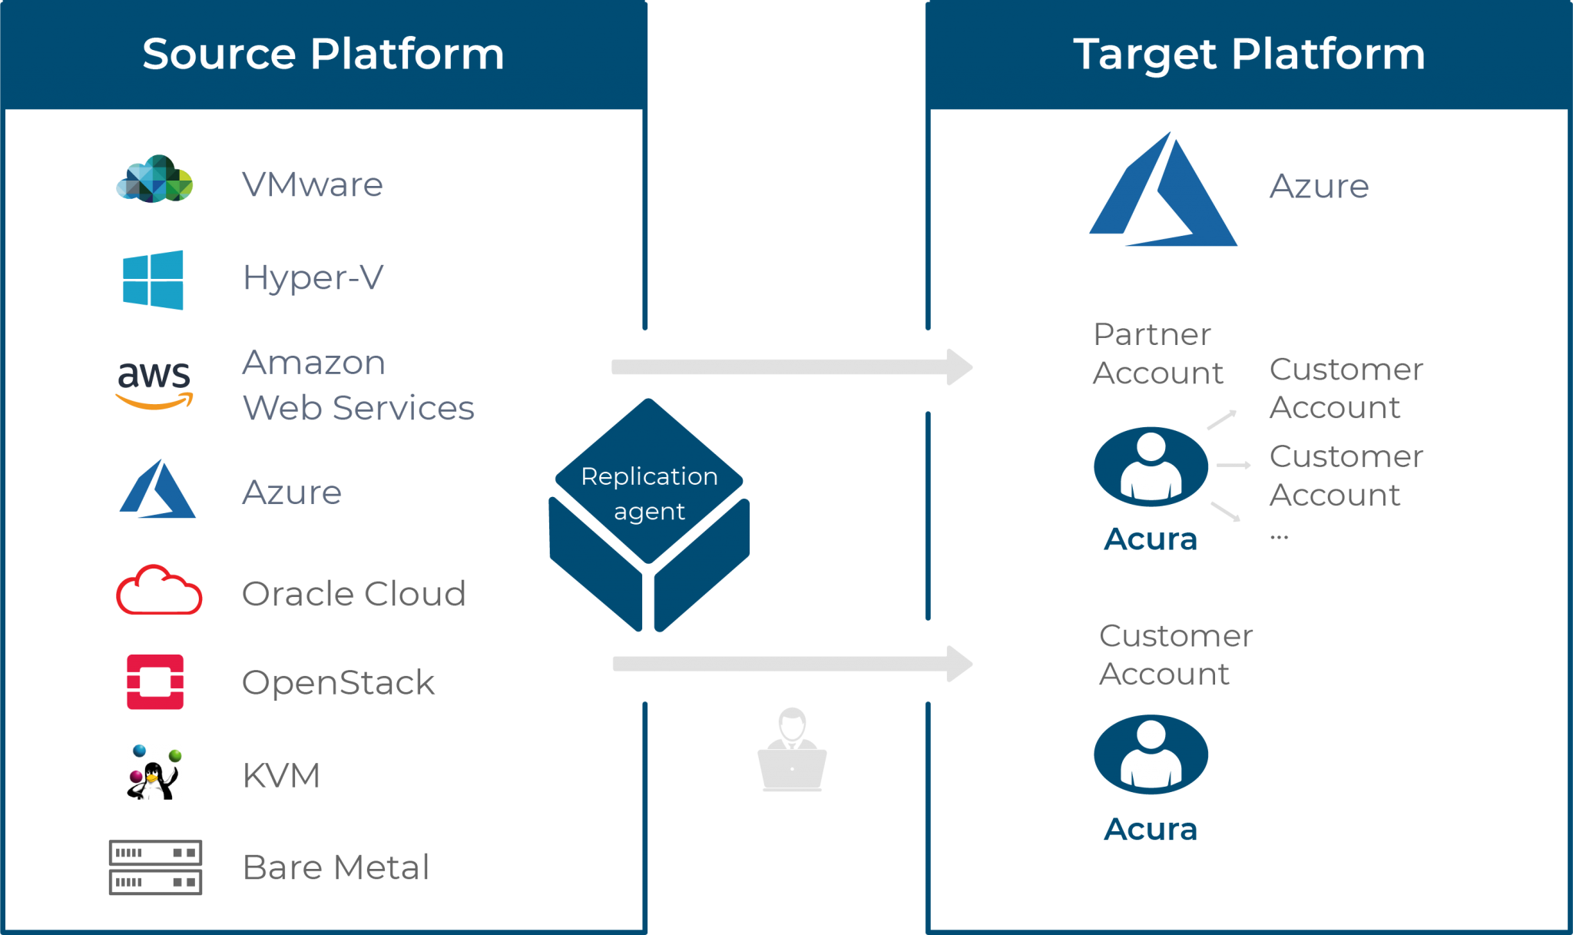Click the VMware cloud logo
[154, 179]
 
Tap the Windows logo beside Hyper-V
[154, 280]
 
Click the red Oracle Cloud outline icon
[159, 591]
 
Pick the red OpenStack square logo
[155, 681]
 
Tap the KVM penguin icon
[154, 772]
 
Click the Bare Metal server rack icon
[155, 867]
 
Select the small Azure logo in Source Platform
[157, 490]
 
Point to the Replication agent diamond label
[649, 493]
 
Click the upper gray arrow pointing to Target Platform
[791, 367]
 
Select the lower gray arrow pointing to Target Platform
[791, 664]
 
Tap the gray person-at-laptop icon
[792, 751]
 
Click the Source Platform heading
[323, 54]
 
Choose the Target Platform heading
[1249, 54]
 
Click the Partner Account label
[1157, 353]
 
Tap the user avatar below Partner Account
[1151, 466]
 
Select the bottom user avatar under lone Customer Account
[1151, 754]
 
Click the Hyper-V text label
[313, 277]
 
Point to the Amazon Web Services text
[358, 385]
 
